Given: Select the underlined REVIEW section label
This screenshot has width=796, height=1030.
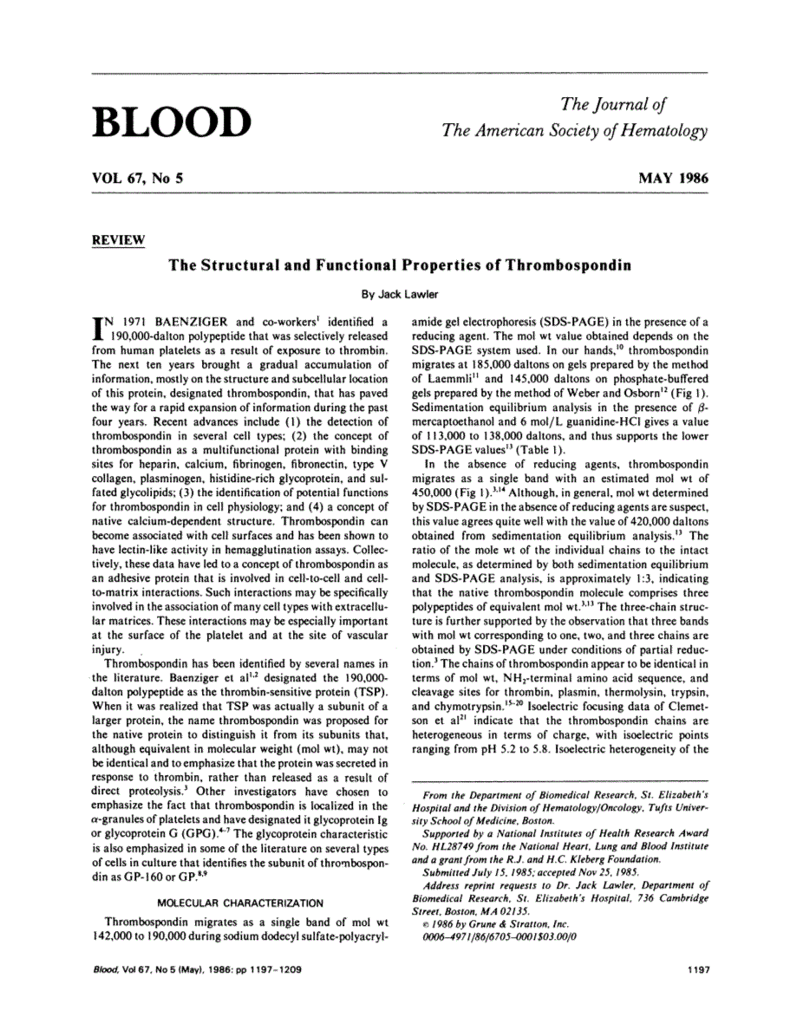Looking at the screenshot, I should [118, 240].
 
